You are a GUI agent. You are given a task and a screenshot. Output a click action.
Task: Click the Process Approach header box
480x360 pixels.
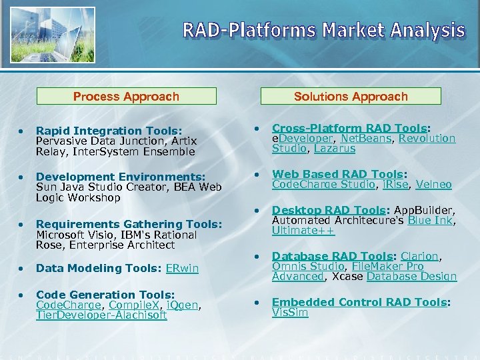pos(126,97)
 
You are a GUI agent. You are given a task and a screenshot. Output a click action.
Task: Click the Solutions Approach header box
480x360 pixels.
pos(351,97)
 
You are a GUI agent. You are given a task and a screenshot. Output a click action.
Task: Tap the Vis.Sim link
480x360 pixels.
pos(290,313)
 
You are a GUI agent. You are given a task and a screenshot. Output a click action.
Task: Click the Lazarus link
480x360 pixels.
pos(335,149)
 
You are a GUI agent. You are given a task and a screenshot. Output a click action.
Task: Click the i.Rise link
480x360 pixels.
pos(393,185)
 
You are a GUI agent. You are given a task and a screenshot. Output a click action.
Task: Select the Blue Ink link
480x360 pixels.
pos(430,221)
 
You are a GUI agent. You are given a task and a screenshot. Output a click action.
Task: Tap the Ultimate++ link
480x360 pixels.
pos(303,231)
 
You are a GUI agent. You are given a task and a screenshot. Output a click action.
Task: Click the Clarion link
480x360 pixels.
pos(419,257)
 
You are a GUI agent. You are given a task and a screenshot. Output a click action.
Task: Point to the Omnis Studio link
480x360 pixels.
pos(308,267)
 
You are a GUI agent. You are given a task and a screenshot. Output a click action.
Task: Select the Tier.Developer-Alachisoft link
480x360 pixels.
pos(101,315)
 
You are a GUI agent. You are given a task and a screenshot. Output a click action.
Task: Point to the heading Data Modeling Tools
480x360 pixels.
pos(89,269)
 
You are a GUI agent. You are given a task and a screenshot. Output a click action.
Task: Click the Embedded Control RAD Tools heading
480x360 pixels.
pos(359,303)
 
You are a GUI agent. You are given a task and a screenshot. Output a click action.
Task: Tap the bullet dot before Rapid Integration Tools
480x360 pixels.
pos(22,131)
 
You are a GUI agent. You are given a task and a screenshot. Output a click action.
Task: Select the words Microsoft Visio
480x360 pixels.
pos(73,235)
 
